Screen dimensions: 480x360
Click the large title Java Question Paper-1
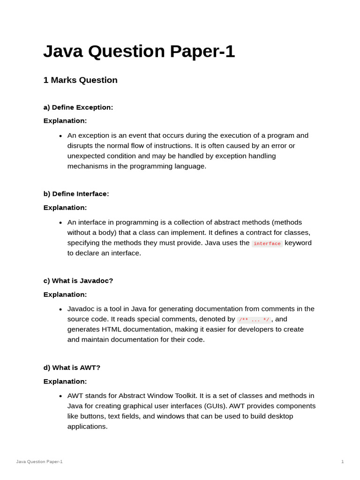pos(139,52)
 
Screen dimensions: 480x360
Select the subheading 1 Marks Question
pos(80,80)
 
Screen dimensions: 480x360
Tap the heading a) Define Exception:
pos(78,107)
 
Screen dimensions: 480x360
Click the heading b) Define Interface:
pos(76,194)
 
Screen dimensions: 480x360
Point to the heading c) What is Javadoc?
pos(78,281)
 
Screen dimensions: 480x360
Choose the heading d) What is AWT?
pos(72,367)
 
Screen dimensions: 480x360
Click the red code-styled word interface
pos(267,243)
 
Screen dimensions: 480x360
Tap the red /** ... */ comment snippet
pos(254,320)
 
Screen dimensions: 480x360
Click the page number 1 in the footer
pos(342,462)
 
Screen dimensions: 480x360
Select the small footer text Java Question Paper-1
pos(39,462)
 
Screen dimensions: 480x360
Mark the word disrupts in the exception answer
pos(82,146)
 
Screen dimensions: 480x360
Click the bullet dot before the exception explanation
pos(60,136)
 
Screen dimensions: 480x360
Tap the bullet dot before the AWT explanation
pos(60,396)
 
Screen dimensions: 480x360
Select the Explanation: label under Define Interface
pos(65,208)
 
